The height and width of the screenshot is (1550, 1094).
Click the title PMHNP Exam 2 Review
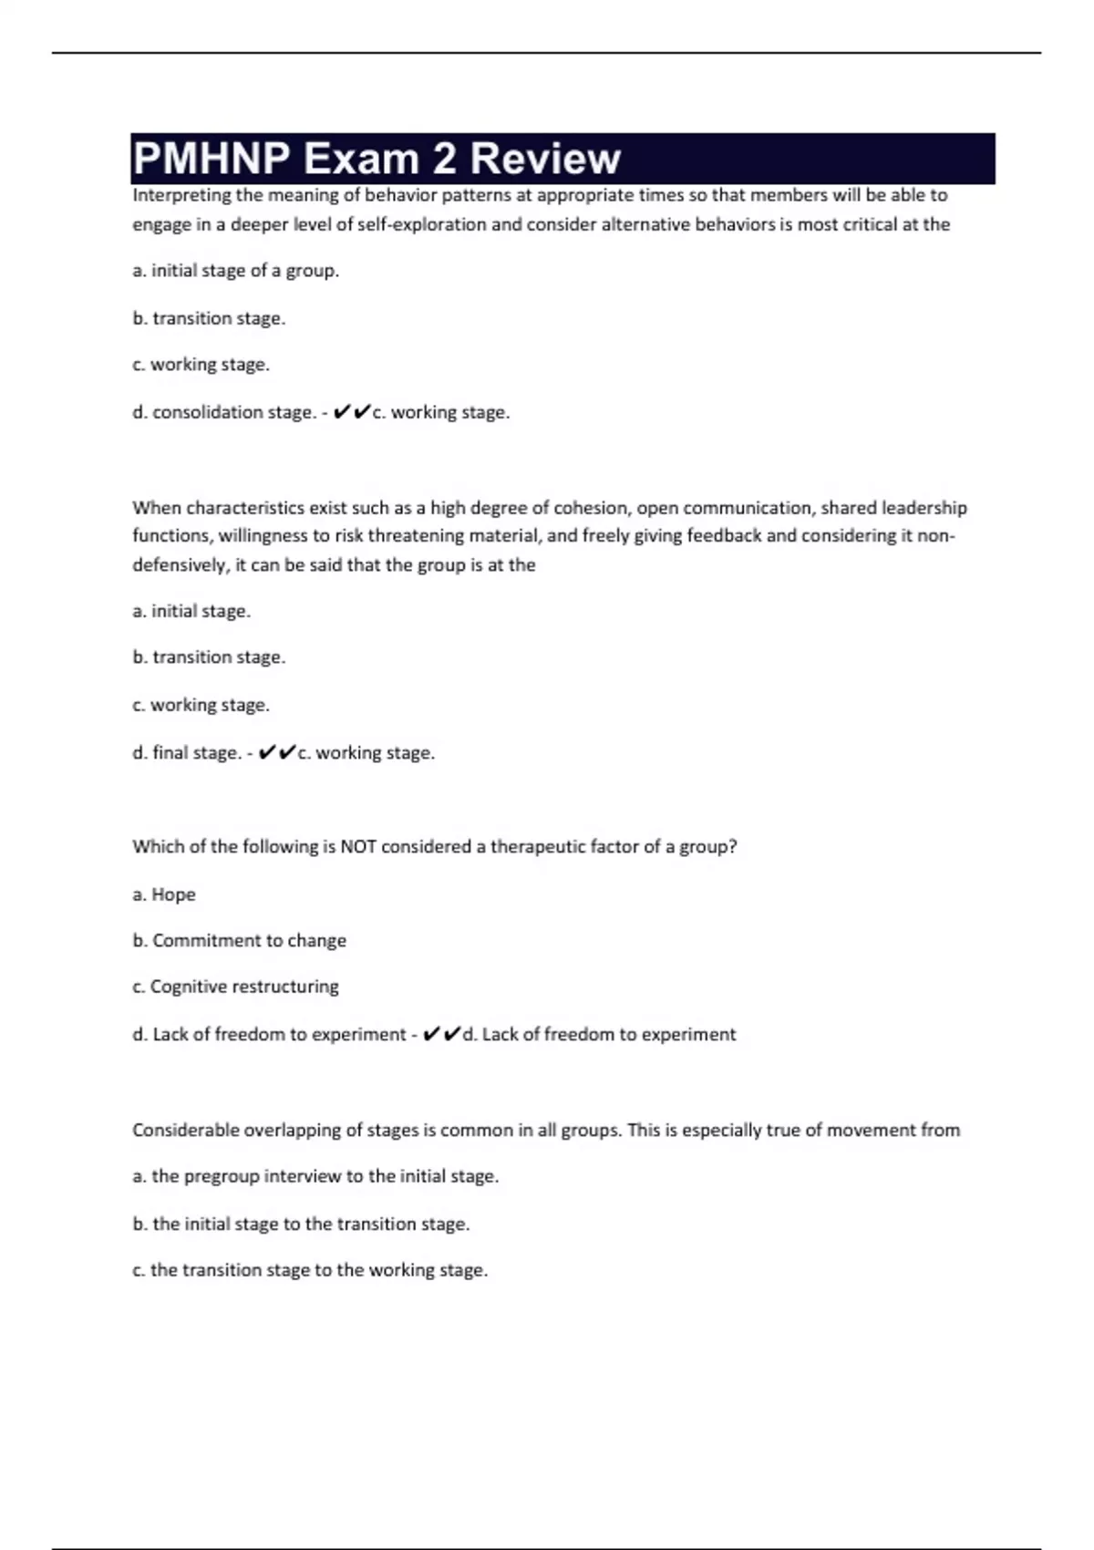(377, 159)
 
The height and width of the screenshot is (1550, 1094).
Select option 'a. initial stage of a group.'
(235, 271)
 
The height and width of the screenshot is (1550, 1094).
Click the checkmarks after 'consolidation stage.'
(352, 412)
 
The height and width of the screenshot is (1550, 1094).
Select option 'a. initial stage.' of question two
(191, 611)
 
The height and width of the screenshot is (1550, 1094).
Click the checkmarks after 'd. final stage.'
(277, 753)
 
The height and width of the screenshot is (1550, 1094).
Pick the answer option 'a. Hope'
(164, 894)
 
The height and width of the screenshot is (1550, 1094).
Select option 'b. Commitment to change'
(240, 941)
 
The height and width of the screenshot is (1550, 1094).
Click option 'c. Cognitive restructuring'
(235, 987)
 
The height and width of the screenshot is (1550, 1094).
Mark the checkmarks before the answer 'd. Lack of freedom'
(442, 1034)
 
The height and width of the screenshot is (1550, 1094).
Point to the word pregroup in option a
(222, 1177)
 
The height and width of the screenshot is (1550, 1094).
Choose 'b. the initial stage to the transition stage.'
(301, 1224)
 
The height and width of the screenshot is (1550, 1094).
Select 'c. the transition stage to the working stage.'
(310, 1270)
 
